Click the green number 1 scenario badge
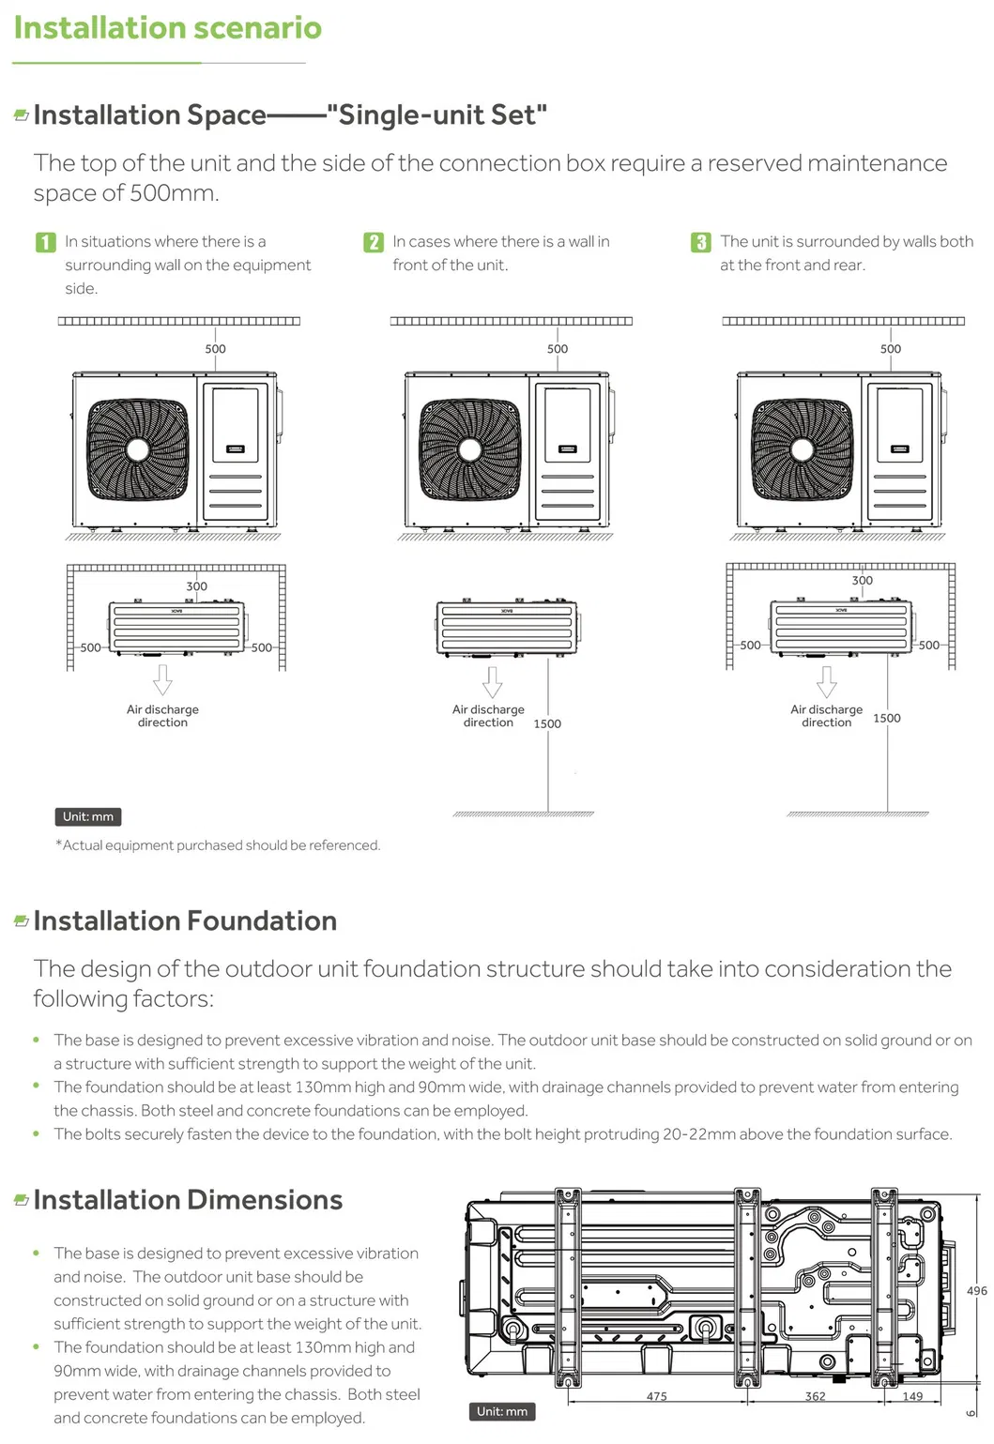(46, 242)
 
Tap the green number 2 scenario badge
(374, 242)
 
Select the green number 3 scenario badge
(701, 242)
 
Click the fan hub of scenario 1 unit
(138, 450)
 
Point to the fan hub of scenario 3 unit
(803, 450)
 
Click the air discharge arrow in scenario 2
(492, 681)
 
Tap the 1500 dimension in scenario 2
(547, 723)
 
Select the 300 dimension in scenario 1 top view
(196, 586)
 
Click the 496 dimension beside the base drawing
(976, 1291)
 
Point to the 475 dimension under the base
(657, 1396)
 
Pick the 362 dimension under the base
(816, 1396)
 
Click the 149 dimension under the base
(912, 1396)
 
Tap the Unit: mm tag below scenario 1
(88, 816)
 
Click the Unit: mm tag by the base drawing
(501, 1411)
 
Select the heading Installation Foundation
(185, 921)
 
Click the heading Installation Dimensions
(188, 1200)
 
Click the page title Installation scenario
(168, 28)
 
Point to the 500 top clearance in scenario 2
(558, 349)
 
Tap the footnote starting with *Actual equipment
(218, 845)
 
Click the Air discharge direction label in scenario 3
(826, 716)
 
